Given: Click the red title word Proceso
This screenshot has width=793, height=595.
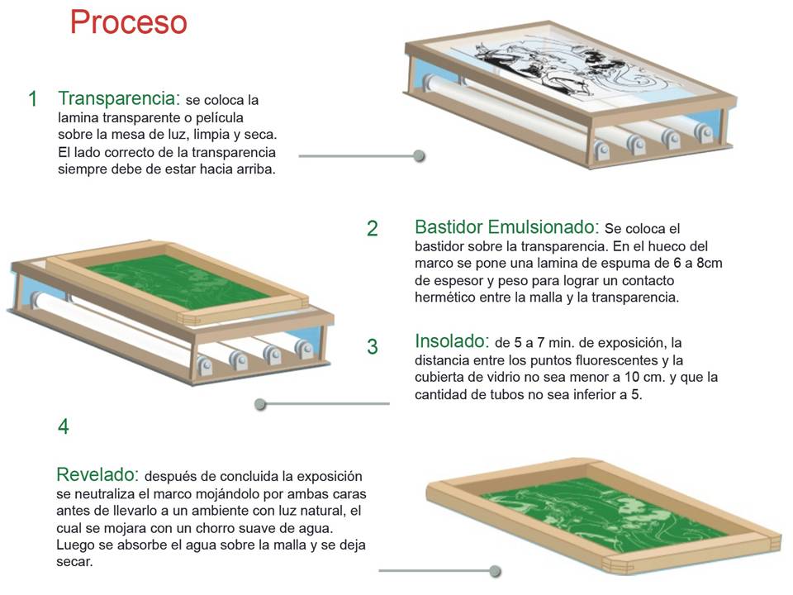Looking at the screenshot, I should click(128, 22).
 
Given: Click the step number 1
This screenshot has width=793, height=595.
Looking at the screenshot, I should click(32, 99).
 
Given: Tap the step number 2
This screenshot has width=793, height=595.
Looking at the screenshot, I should click(372, 229).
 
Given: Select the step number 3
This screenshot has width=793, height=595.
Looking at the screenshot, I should click(372, 346).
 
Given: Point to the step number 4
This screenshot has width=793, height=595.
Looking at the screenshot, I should click(64, 427).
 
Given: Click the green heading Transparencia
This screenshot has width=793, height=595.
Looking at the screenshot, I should click(119, 98).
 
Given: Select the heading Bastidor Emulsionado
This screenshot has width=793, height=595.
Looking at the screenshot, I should click(506, 226).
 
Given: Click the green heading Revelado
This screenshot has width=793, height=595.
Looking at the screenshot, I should click(96, 475).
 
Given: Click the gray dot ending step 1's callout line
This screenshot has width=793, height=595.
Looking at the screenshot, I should click(420, 155).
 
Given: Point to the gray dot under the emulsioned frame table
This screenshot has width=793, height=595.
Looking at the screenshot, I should click(260, 404).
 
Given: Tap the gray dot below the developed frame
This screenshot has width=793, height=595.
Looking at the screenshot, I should click(495, 570).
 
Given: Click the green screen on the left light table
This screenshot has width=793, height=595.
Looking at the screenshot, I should click(178, 282).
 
